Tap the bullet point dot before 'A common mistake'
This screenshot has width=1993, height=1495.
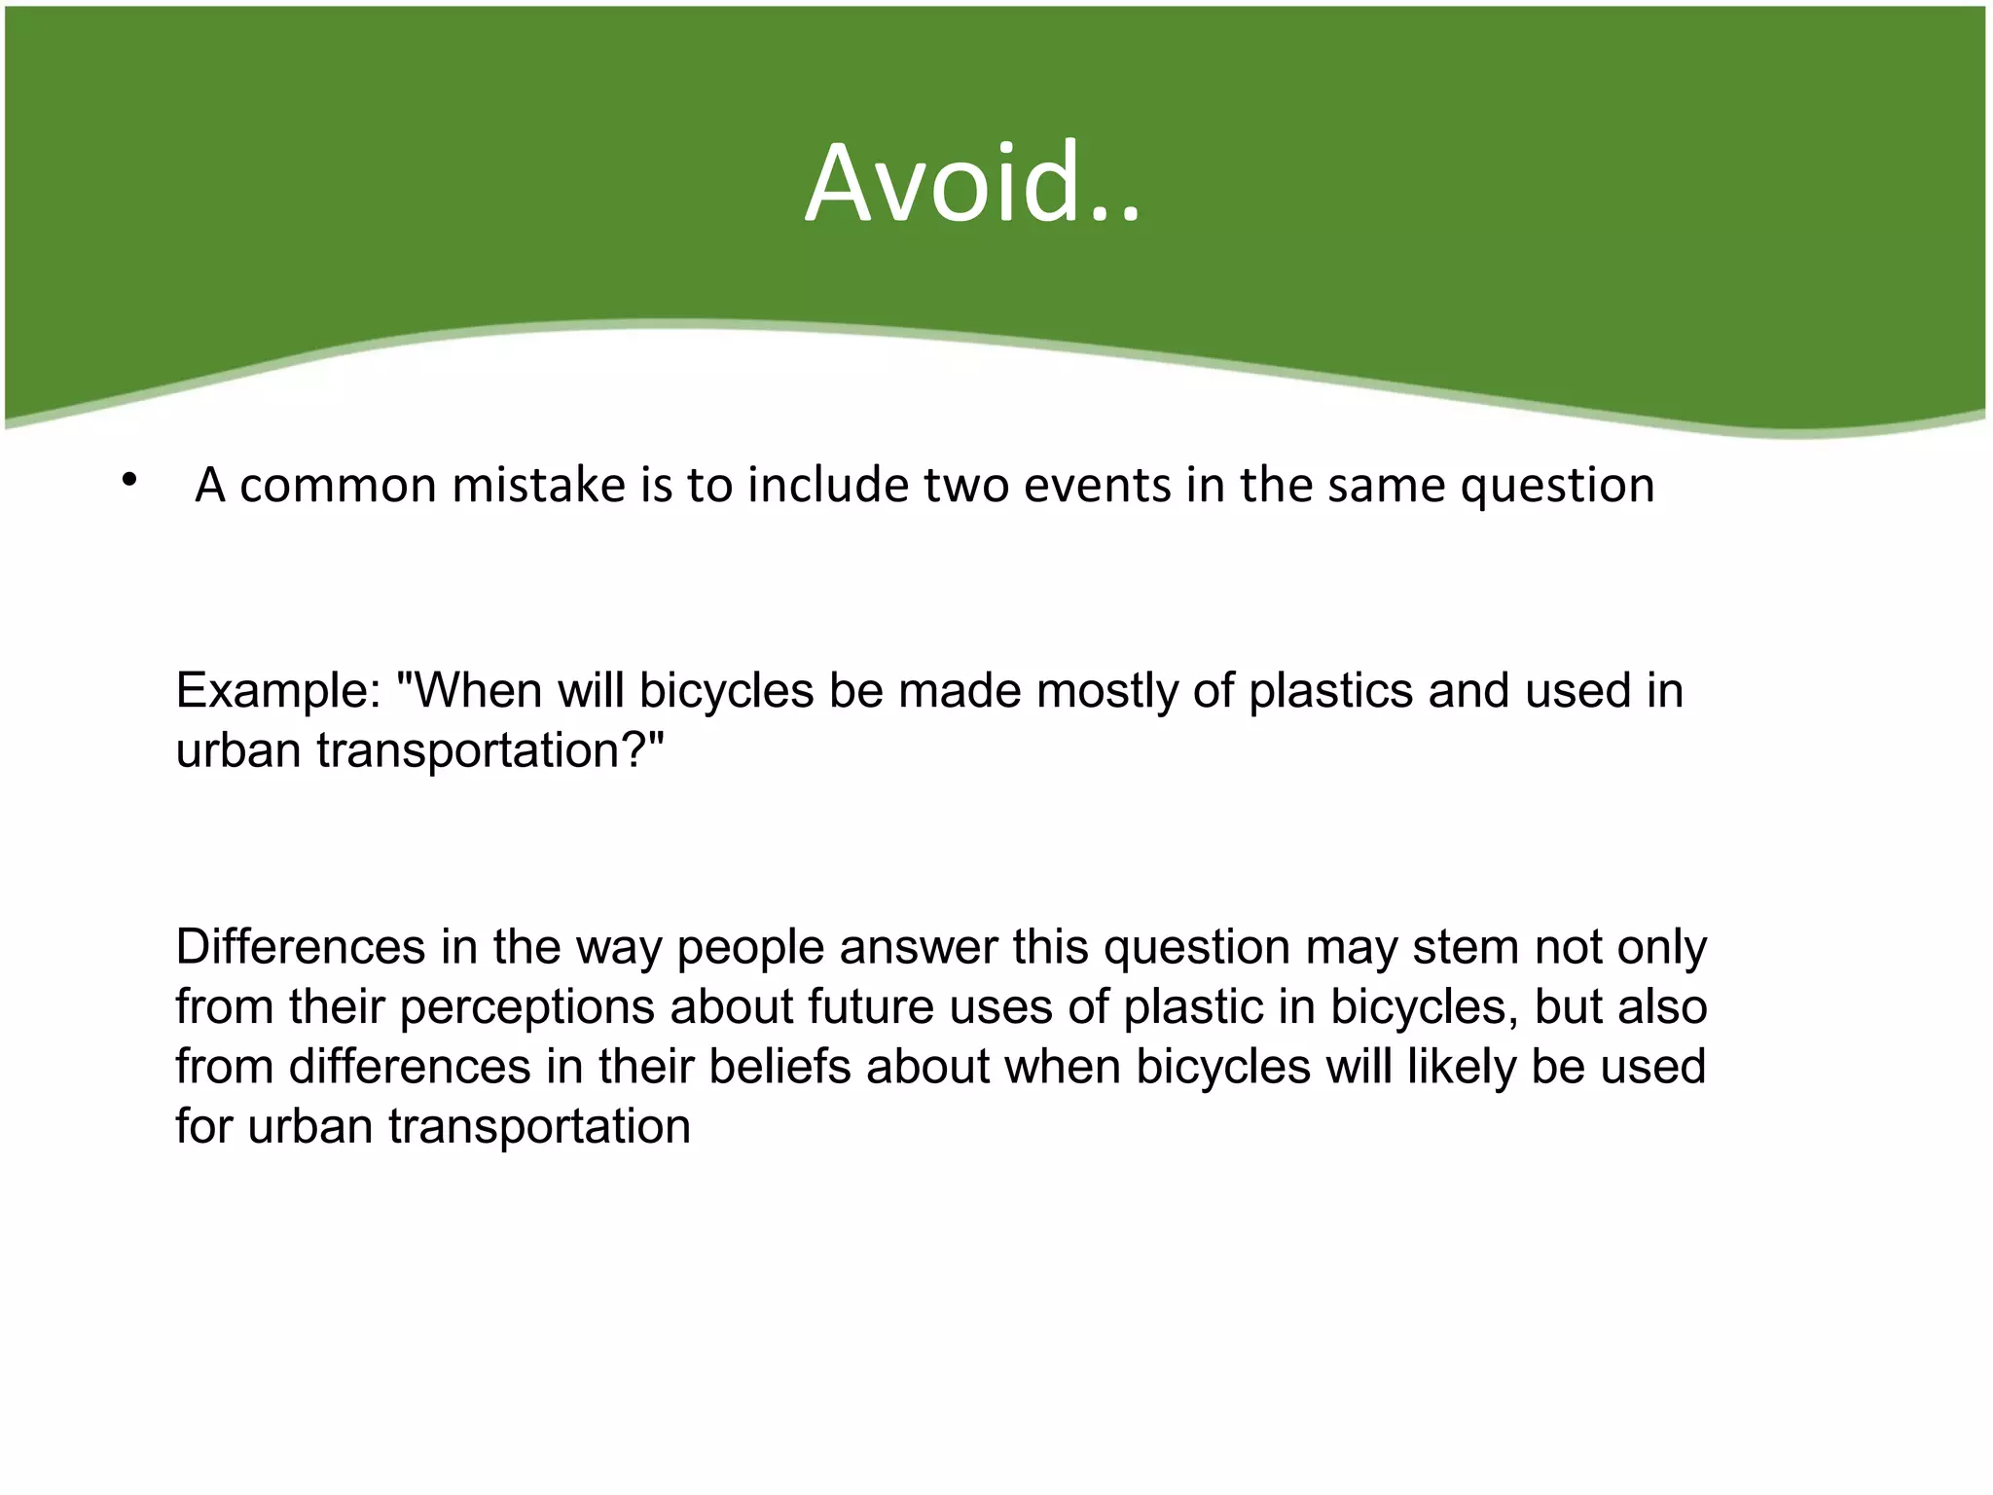128,479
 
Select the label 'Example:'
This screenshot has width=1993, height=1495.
278,691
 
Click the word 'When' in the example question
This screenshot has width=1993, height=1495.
472,691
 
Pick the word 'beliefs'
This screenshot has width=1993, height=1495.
779,1067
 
